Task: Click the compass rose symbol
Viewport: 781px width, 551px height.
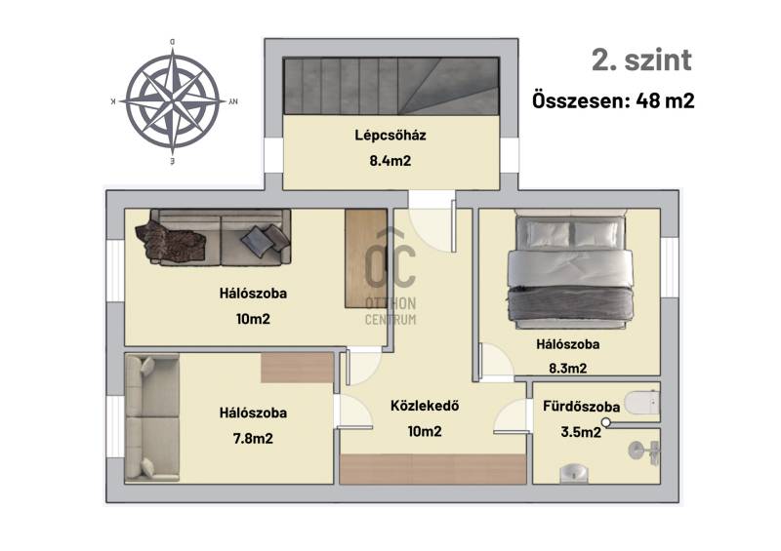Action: pos(173,101)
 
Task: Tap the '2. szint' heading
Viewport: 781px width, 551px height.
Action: pos(641,60)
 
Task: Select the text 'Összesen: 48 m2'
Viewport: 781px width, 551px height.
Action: pos(613,100)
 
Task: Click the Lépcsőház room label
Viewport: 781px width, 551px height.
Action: pos(390,136)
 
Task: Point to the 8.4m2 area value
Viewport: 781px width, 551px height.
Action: pos(390,161)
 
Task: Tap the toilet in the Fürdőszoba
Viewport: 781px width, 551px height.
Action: pos(642,403)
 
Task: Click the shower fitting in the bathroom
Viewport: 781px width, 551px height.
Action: pos(644,452)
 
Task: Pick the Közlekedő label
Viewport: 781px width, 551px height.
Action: pos(425,406)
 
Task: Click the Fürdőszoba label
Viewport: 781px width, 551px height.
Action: pos(581,407)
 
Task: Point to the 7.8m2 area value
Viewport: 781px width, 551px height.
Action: pos(253,439)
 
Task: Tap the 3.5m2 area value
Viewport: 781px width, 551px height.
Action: pos(581,432)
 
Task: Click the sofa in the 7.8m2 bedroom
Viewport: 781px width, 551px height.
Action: pos(152,418)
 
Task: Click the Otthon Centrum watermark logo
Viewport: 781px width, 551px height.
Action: pos(390,277)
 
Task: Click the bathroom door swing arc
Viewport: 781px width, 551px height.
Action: pos(511,417)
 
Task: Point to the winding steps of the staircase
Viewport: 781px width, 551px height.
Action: pos(448,86)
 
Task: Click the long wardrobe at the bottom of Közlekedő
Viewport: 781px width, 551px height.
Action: pos(432,469)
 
